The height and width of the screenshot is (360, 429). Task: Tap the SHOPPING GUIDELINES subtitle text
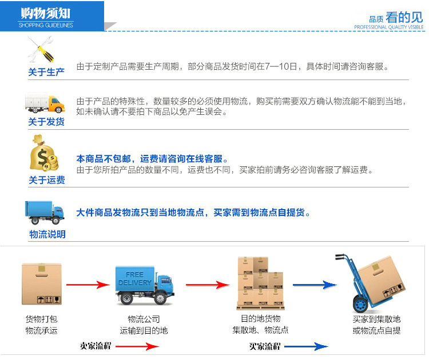[x=46, y=25]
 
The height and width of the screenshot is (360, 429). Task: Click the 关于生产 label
[x=46, y=72]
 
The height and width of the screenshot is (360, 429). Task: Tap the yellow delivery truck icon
[x=45, y=103]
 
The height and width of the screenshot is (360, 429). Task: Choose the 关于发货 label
[x=46, y=122]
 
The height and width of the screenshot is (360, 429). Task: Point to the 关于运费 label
[x=46, y=180]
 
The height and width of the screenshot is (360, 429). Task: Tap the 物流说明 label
[x=47, y=234]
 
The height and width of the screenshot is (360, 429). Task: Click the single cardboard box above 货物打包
[x=41, y=283]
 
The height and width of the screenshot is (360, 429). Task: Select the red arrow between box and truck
[x=87, y=284]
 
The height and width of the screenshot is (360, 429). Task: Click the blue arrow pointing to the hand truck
[x=314, y=284]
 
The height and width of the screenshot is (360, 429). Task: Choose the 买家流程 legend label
[x=265, y=345]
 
